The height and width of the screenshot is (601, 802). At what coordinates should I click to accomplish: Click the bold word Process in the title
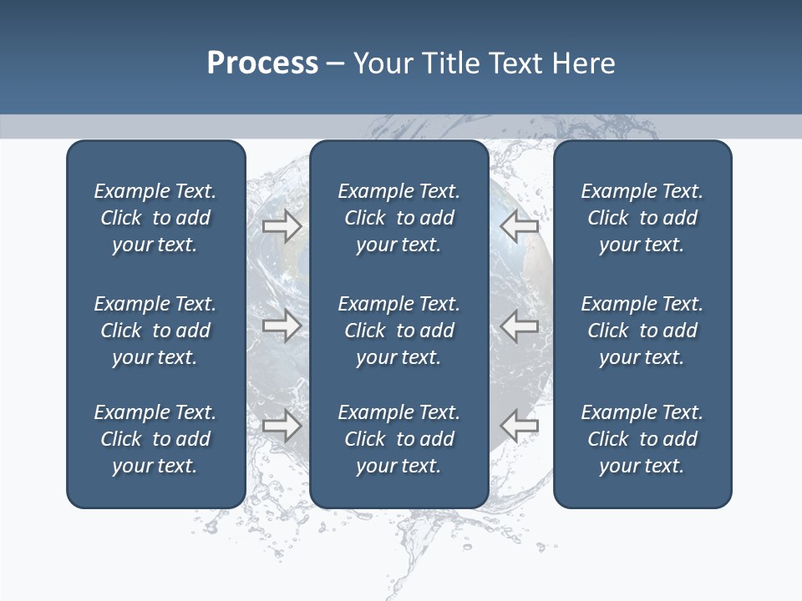[262, 63]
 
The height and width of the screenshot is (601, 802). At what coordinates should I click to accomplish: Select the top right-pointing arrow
[282, 225]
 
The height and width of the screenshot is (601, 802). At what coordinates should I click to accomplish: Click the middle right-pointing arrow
[282, 326]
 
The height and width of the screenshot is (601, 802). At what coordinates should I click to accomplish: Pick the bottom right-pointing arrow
[282, 426]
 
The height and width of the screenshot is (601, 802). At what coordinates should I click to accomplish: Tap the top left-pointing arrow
[520, 225]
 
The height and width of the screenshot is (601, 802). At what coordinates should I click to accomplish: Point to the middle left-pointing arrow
[520, 326]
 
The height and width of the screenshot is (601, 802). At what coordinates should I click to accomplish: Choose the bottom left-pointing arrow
[520, 426]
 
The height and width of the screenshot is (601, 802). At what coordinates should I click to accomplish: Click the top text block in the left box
[155, 218]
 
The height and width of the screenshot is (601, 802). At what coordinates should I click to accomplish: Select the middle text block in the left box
[155, 331]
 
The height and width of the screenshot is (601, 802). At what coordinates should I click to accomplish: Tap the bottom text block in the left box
[155, 439]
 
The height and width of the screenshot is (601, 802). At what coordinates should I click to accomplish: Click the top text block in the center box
[398, 218]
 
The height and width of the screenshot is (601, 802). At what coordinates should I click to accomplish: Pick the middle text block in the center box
[398, 331]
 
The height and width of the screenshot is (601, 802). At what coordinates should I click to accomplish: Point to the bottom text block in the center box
[398, 439]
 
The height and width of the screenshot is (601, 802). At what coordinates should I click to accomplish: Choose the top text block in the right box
[642, 218]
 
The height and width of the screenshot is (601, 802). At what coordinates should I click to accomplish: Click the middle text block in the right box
[642, 331]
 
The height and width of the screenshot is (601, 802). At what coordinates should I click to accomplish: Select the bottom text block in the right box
[642, 439]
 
